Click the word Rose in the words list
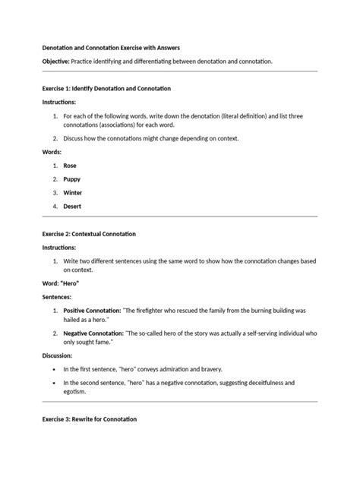coord(70,165)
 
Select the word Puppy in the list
coord(72,178)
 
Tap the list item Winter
coord(73,192)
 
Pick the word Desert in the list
coord(73,206)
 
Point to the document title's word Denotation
coord(62,47)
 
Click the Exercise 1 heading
coord(106,88)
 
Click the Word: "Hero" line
coord(61,283)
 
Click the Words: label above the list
coord(52,151)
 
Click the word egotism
coord(74,392)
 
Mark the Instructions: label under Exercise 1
coord(59,102)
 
